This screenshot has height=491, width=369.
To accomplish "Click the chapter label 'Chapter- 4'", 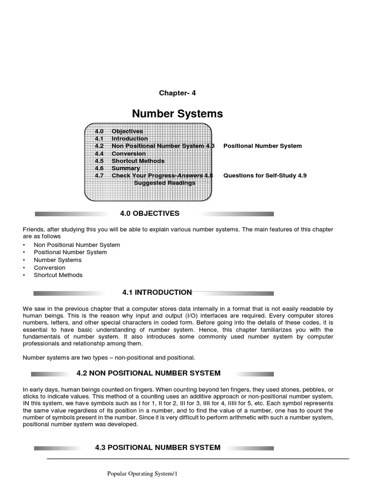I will tap(177, 93).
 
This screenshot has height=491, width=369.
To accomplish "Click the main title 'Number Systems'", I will tap(177, 114).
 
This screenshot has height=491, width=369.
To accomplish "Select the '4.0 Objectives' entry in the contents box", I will tap(119, 131).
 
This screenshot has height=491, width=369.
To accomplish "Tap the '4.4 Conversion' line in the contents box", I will tap(120, 153).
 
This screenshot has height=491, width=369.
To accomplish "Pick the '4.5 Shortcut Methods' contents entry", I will tap(129, 161).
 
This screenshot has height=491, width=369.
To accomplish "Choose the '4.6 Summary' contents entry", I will tap(117, 168).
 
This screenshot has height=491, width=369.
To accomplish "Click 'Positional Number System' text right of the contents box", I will tap(262, 146).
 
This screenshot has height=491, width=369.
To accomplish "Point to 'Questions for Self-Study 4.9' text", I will tap(265, 175).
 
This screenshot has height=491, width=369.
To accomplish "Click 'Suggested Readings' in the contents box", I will tap(164, 183).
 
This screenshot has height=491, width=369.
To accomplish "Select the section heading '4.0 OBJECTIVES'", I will tap(149, 213).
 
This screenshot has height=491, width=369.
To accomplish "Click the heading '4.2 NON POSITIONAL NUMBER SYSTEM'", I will tap(148, 373).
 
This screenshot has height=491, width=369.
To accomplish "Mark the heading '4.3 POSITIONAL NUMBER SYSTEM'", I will tap(158, 447).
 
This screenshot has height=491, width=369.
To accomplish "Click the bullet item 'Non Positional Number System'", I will tap(77, 245).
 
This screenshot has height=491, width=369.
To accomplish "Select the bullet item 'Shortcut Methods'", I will tap(58, 275).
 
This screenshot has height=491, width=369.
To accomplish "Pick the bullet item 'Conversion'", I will tap(49, 268).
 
